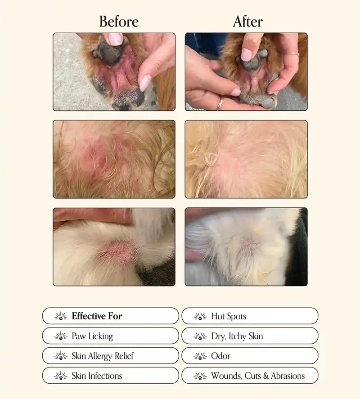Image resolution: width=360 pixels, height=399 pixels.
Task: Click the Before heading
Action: (119, 21)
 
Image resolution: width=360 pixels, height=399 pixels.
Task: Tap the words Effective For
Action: (97, 316)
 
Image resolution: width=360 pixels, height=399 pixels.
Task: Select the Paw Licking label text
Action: (92, 336)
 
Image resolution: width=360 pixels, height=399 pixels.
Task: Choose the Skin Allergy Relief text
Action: (103, 356)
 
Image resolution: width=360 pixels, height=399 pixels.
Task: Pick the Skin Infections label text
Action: (97, 376)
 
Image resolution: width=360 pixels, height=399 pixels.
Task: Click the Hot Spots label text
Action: (229, 316)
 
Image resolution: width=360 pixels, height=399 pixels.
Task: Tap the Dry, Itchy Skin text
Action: (237, 336)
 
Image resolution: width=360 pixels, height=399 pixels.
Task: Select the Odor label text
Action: (220, 356)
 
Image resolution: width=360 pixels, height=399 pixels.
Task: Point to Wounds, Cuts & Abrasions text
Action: (258, 376)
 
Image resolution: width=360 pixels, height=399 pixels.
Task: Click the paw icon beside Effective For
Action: (61, 316)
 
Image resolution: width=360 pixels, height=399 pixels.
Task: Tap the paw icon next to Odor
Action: (200, 356)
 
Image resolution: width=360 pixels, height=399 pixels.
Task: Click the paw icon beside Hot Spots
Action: (200, 316)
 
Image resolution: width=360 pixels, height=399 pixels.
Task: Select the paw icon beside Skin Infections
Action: (61, 376)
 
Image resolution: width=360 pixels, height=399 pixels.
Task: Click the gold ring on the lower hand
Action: (220, 104)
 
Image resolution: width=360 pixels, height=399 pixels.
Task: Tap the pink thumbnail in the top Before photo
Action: (145, 83)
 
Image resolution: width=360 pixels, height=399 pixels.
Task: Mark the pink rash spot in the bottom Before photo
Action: (116, 249)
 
